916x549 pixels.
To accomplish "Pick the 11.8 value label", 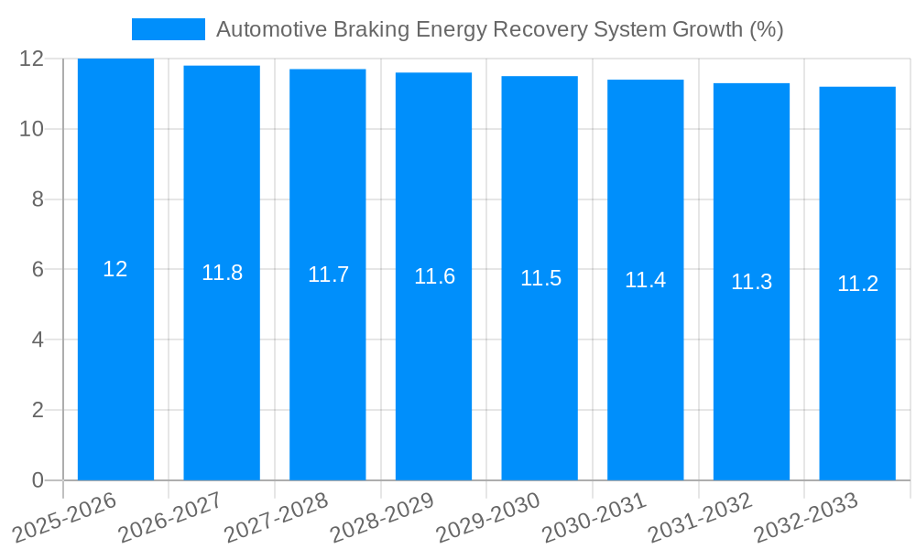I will [222, 273].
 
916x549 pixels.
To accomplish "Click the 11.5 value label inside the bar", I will [540, 278].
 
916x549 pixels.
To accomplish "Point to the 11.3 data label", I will [751, 282].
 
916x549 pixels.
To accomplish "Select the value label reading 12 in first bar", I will [115, 269].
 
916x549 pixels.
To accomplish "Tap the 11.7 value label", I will [328, 274].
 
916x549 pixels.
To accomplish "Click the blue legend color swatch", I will [168, 29].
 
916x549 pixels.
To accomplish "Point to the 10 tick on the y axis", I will [32, 129].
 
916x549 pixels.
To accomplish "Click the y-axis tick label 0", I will [38, 480].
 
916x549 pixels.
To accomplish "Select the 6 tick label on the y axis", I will [38, 270].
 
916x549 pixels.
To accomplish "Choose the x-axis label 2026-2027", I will [171, 517].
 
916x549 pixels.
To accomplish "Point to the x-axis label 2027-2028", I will [277, 517].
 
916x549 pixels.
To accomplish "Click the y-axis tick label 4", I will [38, 339].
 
